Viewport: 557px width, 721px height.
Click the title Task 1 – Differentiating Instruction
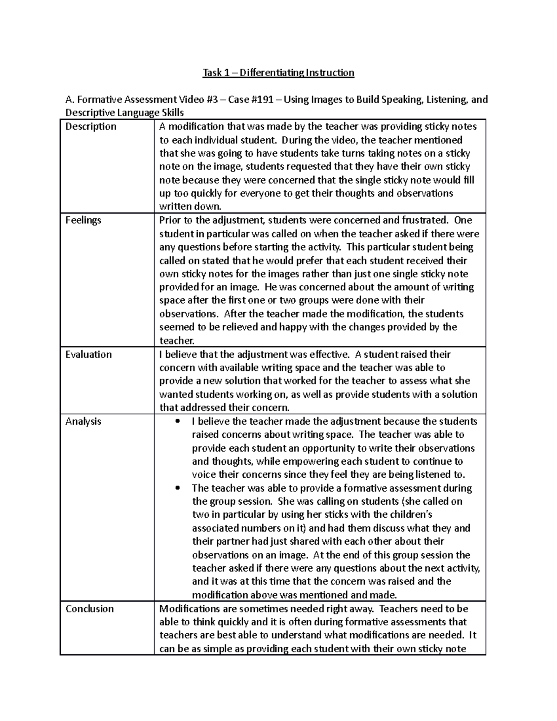click(x=278, y=73)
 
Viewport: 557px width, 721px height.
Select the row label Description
click(x=91, y=127)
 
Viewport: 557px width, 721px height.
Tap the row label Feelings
click(x=83, y=220)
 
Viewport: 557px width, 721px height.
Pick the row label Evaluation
click(x=89, y=355)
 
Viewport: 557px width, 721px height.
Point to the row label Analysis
click(x=83, y=422)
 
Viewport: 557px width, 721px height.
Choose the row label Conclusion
click(x=90, y=609)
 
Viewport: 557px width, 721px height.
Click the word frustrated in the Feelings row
click(x=427, y=220)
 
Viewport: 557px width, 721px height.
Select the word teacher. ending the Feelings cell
click(x=176, y=341)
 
